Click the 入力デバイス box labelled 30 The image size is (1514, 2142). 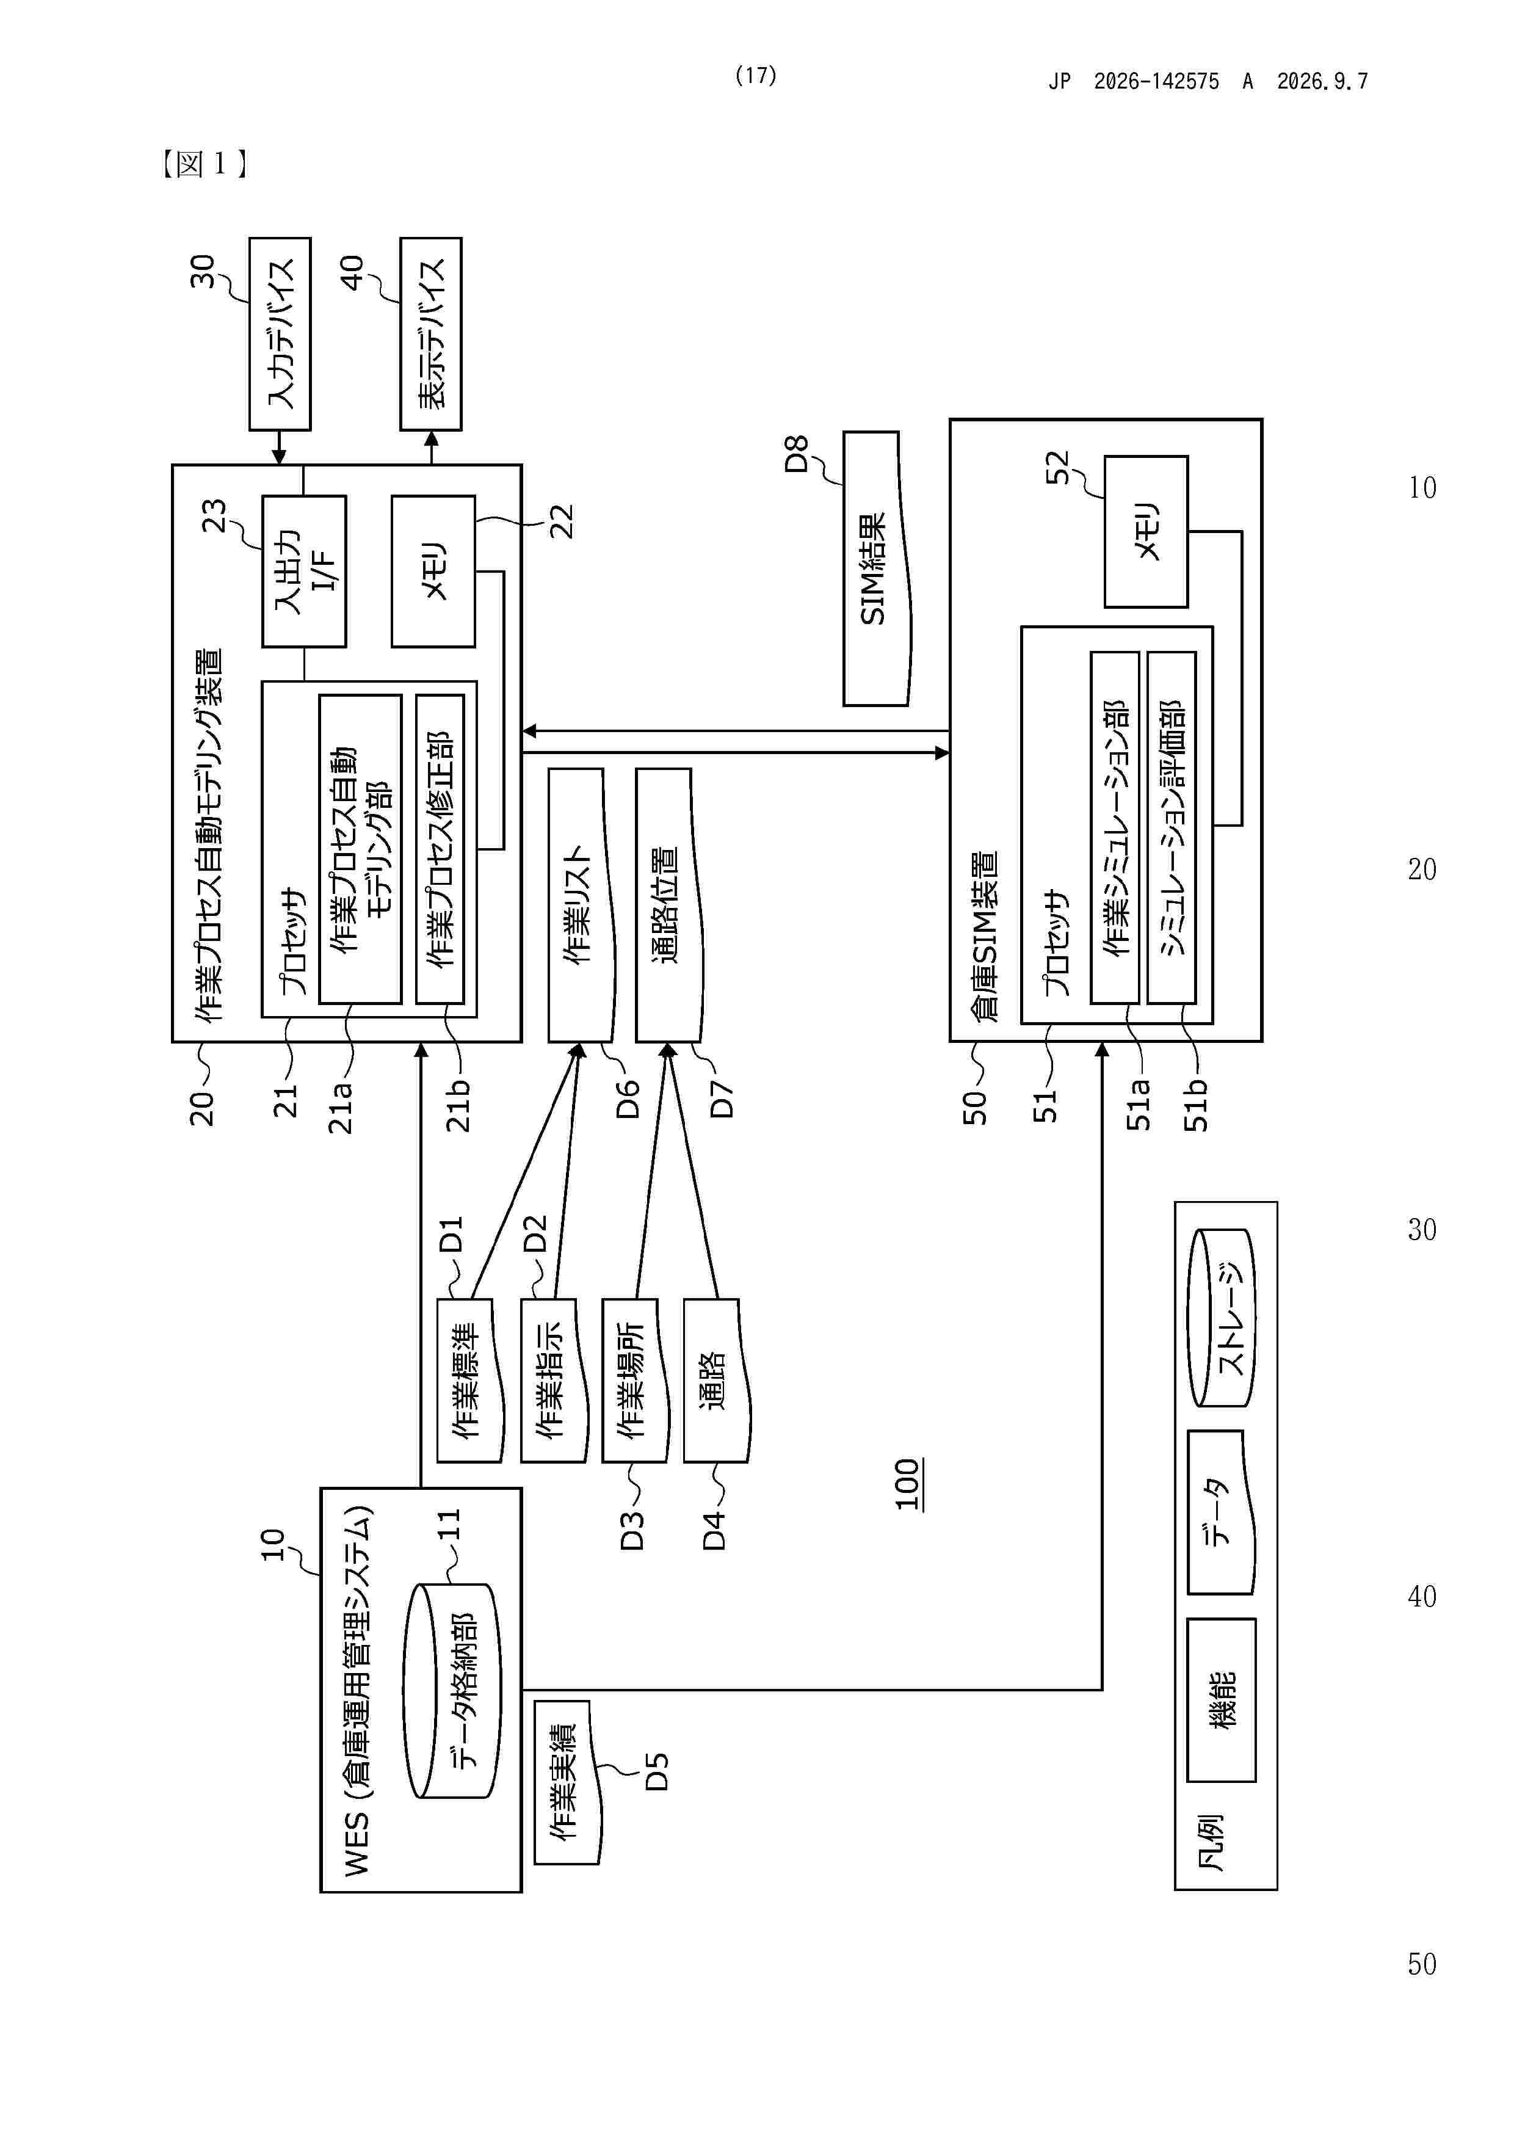click(280, 334)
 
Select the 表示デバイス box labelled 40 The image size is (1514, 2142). click(431, 334)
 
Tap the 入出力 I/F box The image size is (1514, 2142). click(304, 571)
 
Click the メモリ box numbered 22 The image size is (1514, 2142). click(433, 571)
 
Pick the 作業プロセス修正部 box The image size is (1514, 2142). click(440, 848)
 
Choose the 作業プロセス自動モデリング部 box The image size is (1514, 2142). click(361, 848)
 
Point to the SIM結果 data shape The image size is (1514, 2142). click(877, 568)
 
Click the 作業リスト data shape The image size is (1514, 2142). click(582, 905)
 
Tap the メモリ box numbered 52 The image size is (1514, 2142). click(1145, 532)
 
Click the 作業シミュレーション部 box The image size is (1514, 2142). click(1115, 827)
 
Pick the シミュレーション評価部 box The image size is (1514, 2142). click(1172, 827)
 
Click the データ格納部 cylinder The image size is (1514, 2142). click(452, 1691)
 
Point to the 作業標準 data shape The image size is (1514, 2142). click(470, 1381)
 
